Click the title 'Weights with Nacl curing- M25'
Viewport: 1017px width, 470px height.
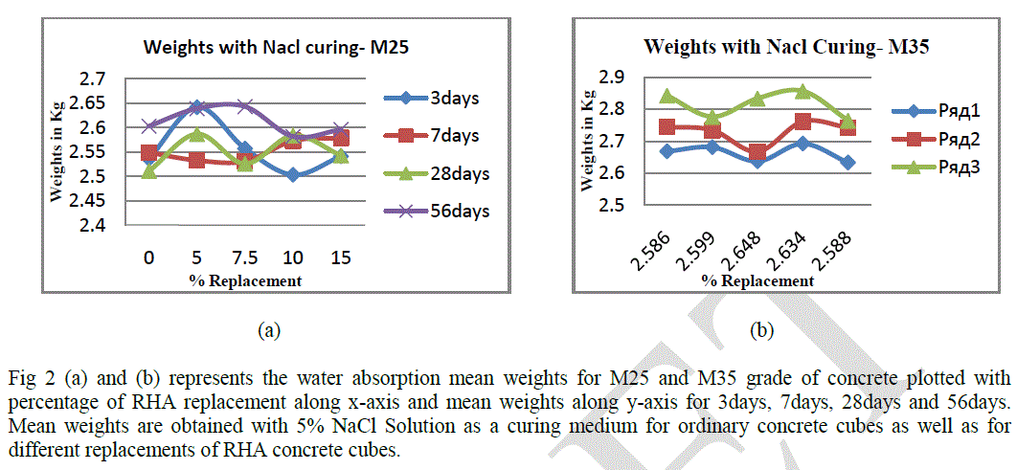[x=240, y=48]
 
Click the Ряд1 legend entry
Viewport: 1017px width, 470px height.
[x=928, y=108]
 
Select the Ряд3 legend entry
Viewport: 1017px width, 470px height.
[x=928, y=166]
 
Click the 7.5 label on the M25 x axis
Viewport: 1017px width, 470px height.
[x=244, y=260]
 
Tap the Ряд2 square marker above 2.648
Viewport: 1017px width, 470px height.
[x=757, y=153]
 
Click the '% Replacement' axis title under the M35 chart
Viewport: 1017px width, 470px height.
[x=757, y=281]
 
